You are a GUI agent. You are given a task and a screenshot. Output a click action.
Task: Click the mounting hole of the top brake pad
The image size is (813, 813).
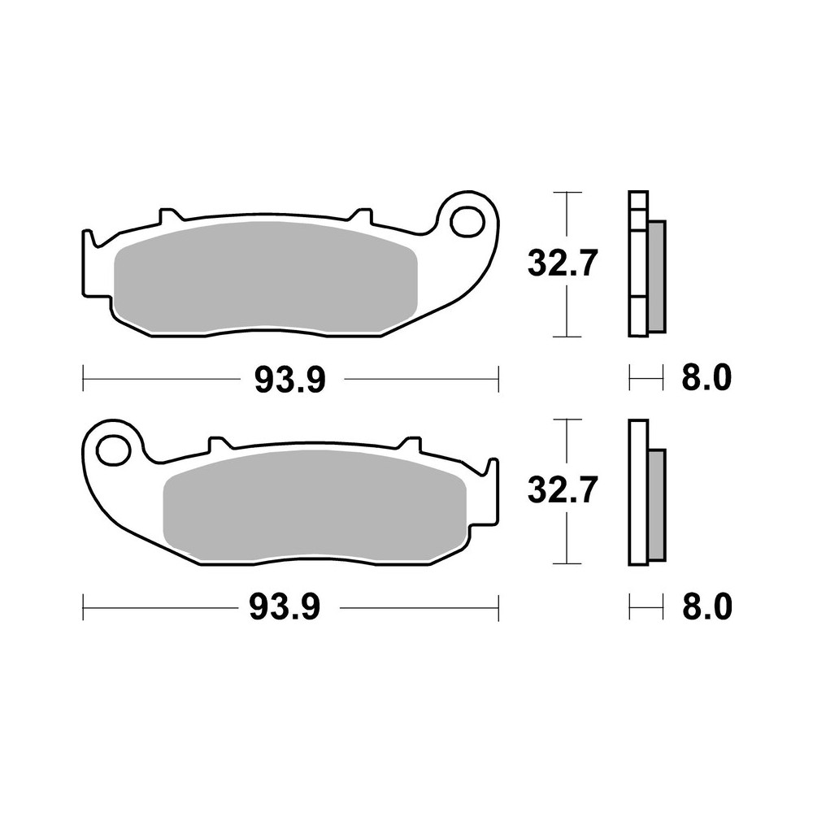pyautogui.click(x=467, y=220)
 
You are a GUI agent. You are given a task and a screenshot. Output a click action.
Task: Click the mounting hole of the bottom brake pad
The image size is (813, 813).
pyautogui.click(x=112, y=448)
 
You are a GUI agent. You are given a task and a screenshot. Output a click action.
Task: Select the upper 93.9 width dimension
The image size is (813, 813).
pyautogui.click(x=290, y=379)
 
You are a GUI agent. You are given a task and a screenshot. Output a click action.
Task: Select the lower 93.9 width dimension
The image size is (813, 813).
pyautogui.click(x=285, y=606)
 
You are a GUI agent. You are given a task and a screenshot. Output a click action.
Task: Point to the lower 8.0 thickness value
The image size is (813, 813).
pyautogui.click(x=705, y=606)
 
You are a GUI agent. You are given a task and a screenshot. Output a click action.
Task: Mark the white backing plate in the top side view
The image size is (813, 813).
pyautogui.click(x=638, y=264)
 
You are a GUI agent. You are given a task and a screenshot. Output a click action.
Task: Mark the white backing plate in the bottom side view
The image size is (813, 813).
pyautogui.click(x=638, y=492)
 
